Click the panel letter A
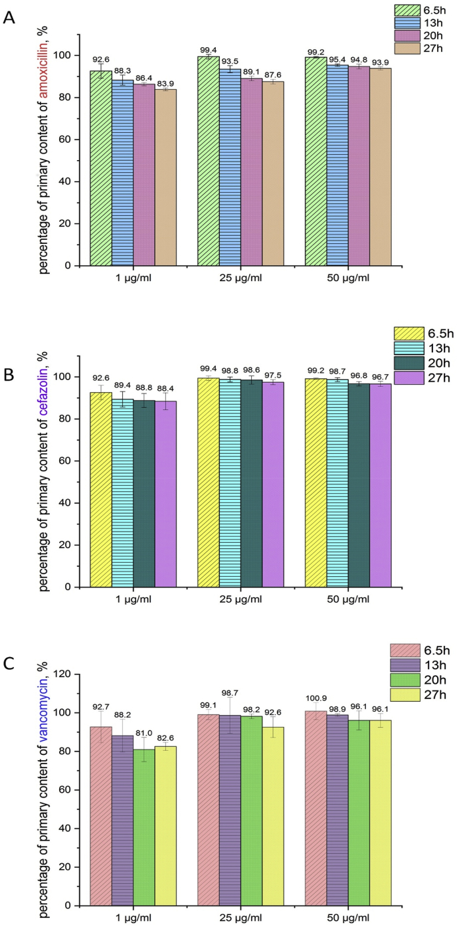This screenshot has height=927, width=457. [9, 18]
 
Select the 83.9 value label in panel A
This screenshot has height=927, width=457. [166, 83]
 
